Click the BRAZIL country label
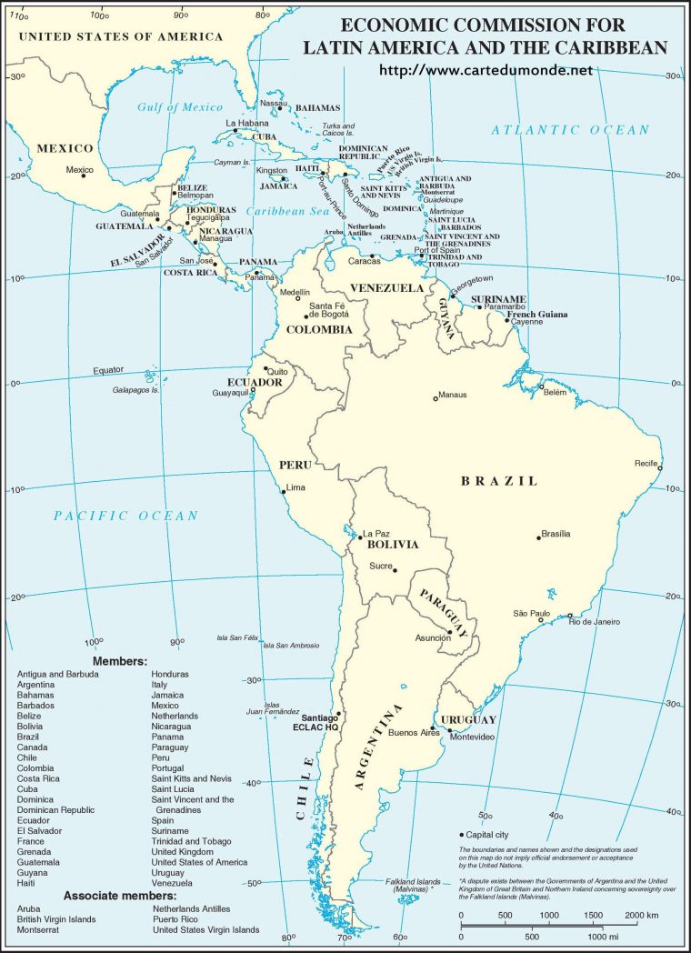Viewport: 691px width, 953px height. pos(499,481)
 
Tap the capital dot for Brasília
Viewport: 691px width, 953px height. pos(538,537)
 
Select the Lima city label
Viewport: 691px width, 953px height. pos(296,487)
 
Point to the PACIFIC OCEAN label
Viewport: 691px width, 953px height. pos(125,516)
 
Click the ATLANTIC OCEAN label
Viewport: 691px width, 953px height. pos(570,130)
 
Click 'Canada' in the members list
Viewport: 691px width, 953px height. pos(32,747)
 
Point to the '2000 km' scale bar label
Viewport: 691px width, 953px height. pos(643,916)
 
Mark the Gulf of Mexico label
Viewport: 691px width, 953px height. pos(180,107)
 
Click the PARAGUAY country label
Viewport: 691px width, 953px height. pos(443,610)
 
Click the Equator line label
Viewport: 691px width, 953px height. pos(108,370)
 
